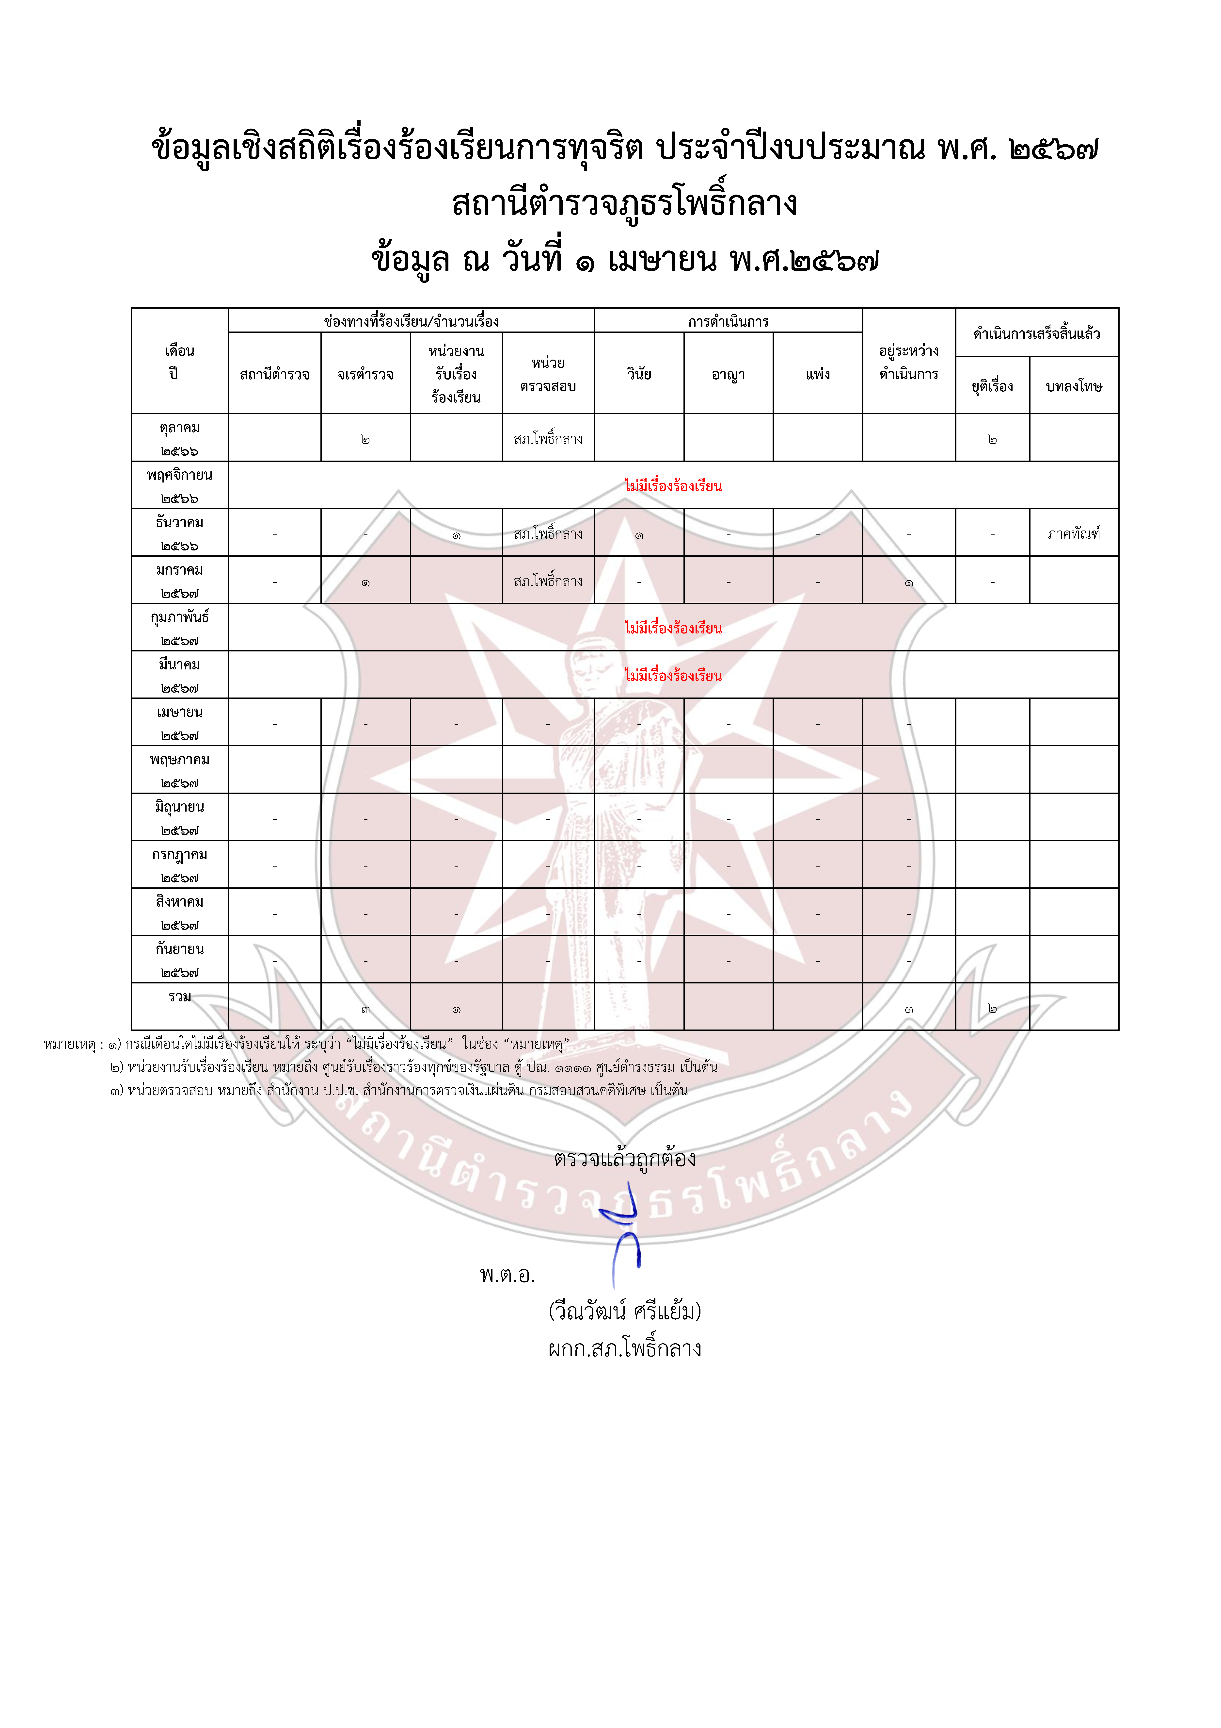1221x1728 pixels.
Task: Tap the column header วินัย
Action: click(x=639, y=374)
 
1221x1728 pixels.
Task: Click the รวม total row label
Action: click(x=180, y=997)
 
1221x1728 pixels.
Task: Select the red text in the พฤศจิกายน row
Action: click(x=673, y=486)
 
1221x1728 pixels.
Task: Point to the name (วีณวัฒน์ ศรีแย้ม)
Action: click(x=624, y=1311)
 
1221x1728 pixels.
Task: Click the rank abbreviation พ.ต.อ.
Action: click(x=507, y=1275)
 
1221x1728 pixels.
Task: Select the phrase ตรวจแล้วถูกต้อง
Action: click(x=624, y=1158)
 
